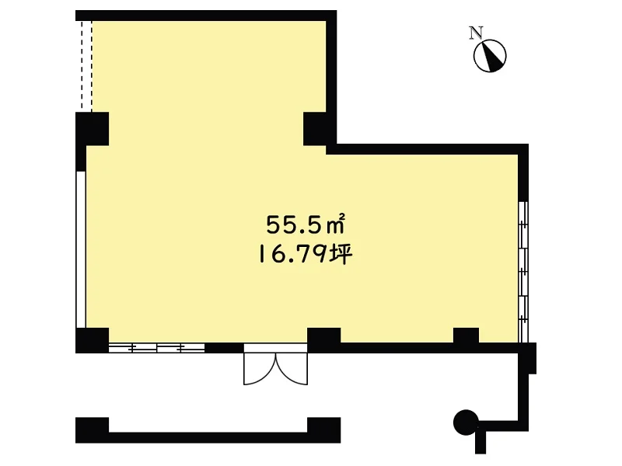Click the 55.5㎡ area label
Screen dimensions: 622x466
tap(305, 224)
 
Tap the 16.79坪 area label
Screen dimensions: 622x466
tap(305, 254)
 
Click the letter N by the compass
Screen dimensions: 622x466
tap(476, 33)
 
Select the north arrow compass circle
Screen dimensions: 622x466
tap(490, 56)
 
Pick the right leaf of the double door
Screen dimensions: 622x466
tap(292, 368)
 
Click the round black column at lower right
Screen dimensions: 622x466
tap(466, 422)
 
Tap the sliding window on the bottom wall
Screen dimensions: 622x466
tap(157, 348)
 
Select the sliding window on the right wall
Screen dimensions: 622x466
tap(523, 272)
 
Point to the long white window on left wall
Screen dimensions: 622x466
tap(81, 249)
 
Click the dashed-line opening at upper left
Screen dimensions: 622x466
tap(87, 66)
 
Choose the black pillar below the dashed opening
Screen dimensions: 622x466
tap(92, 129)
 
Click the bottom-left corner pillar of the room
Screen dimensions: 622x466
tap(92, 340)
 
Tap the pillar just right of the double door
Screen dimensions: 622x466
tap(323, 340)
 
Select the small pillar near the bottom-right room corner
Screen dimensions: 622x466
tap(466, 336)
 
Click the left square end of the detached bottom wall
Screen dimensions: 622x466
tap(92, 430)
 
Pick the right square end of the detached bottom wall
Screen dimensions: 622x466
tap(323, 430)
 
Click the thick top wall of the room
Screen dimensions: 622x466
tap(206, 16)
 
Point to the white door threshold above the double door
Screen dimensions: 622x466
tap(276, 348)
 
